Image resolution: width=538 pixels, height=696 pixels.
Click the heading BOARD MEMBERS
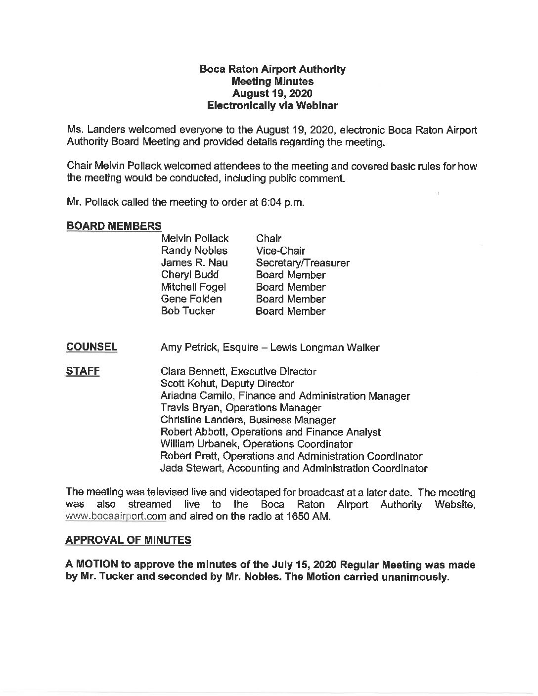coord(114,226)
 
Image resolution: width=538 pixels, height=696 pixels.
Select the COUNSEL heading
coord(91,347)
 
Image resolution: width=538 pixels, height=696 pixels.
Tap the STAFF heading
coord(83,371)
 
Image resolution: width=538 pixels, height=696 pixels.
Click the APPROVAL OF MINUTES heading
coord(128,540)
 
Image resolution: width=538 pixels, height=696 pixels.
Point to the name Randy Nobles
coord(194,251)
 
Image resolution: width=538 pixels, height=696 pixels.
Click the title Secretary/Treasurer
coord(303,263)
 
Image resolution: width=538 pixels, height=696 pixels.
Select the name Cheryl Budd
coord(189,275)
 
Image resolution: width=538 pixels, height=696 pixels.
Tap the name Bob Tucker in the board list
coord(188,311)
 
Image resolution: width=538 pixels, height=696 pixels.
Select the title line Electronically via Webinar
coord(272,105)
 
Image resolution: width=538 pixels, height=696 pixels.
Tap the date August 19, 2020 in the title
coord(272,93)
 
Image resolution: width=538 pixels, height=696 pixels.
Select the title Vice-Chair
coord(280,251)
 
